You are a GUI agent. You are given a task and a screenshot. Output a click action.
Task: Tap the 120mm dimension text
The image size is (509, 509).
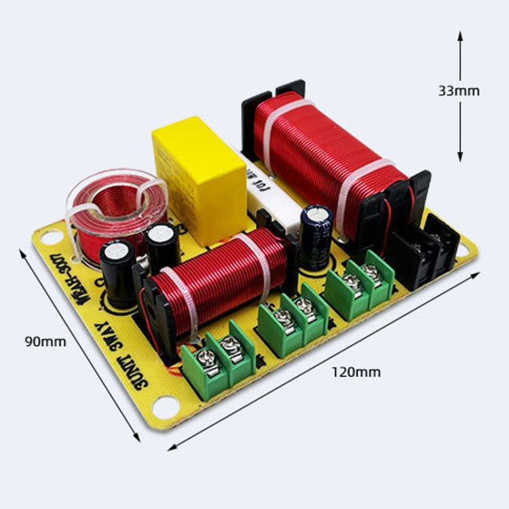(356, 371)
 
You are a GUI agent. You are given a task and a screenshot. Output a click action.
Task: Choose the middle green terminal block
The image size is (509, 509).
(293, 318)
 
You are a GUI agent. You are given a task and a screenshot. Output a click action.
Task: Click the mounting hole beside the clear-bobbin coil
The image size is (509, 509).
(51, 238)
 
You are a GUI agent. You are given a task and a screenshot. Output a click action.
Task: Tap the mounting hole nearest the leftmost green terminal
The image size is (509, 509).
(166, 407)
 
